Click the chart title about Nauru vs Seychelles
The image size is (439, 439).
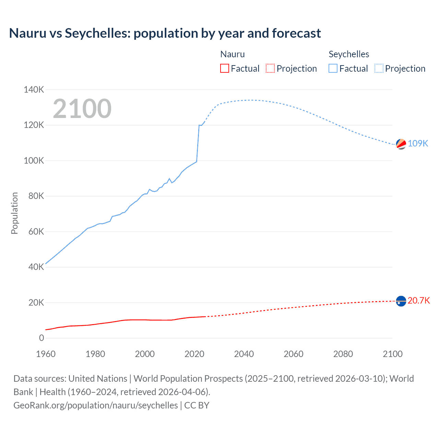coord(165,33)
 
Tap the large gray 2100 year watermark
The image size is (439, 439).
coord(82,109)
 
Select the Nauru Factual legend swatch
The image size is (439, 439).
coord(224,69)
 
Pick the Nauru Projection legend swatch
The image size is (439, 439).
coord(270,69)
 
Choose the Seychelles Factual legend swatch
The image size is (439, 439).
coord(333,69)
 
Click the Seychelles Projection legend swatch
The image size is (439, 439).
coord(379,69)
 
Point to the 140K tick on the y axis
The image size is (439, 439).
coord(34,90)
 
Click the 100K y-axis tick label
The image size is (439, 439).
coord(34,161)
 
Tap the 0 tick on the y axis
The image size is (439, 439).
coord(41,338)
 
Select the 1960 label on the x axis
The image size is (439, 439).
coord(46,354)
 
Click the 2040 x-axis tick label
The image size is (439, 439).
coord(244,354)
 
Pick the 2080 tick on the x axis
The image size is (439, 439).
coord(343,354)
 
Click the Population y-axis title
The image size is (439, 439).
coord(14,213)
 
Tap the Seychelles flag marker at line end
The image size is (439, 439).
coord(401,144)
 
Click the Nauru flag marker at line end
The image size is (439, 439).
coord(401,301)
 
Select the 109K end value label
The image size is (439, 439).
coord(418,143)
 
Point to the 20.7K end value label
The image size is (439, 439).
coord(419,301)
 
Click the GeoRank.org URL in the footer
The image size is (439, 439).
coord(96,405)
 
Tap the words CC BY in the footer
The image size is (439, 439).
coord(197,405)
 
